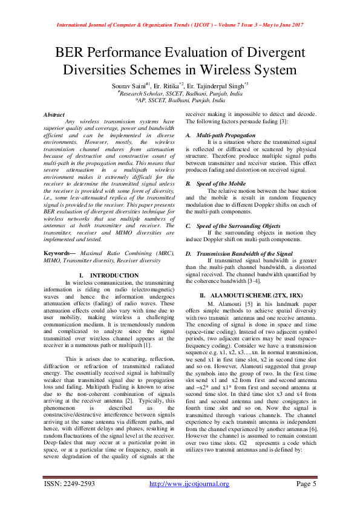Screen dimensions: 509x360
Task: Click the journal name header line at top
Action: pos(180,25)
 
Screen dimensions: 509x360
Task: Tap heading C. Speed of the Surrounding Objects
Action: pos(233,225)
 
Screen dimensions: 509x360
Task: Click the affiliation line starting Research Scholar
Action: pos(180,94)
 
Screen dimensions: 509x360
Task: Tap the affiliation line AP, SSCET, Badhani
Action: pos(180,102)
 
